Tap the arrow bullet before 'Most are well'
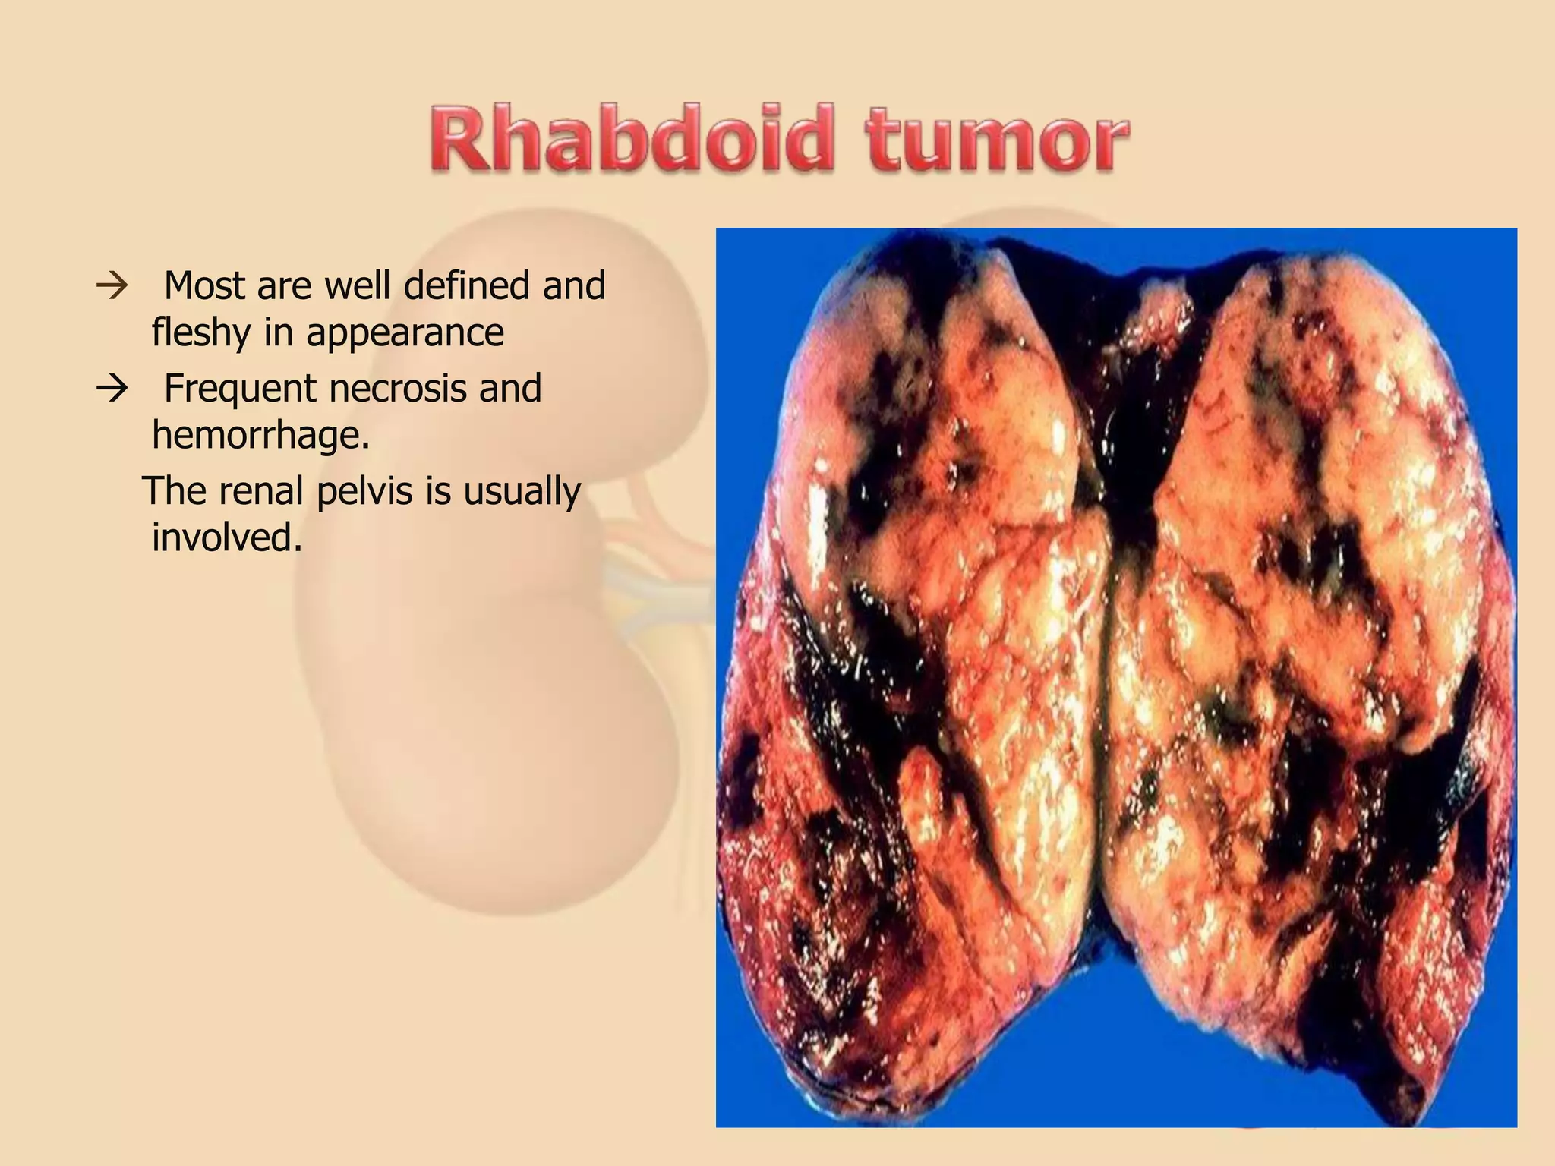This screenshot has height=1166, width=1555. pos(112,287)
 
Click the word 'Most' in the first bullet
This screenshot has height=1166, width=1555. pos(203,286)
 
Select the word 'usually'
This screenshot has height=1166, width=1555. pos(522,492)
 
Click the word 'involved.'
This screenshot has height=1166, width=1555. pos(227,537)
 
